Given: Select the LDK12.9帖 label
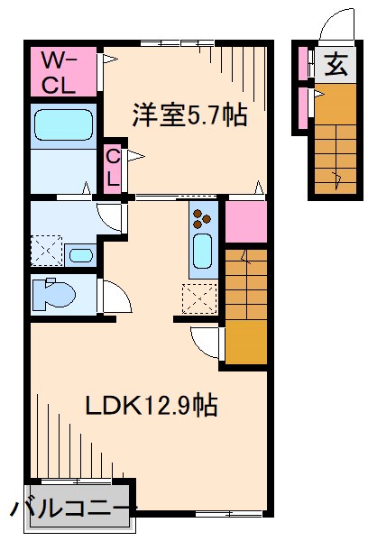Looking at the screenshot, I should point(151,405).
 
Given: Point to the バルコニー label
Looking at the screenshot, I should point(70,509).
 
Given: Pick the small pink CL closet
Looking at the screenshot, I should point(112,167).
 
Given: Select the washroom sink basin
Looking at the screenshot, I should point(79,253).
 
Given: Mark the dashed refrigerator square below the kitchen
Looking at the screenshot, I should point(198,297).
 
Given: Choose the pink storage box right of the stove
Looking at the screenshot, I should point(245,222).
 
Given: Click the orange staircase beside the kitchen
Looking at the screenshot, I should point(245,301).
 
